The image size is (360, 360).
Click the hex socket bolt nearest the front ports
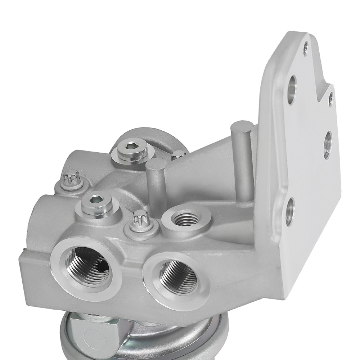tap(96, 204)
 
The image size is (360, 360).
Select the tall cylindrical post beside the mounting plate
tap(242, 158)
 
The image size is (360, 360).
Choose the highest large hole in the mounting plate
tap(292, 89)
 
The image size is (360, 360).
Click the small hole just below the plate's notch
tap(330, 99)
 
